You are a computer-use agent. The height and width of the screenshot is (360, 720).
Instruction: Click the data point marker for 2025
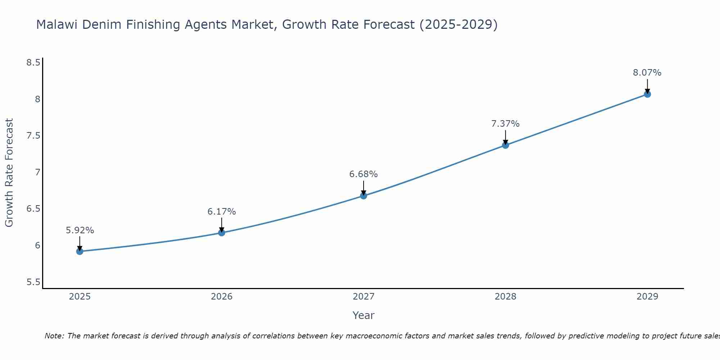(x=80, y=251)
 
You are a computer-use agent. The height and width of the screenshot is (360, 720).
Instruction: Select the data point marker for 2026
(x=222, y=233)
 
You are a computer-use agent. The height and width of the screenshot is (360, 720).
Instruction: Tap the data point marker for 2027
(x=364, y=196)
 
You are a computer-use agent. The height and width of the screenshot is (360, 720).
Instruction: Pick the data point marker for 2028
(x=505, y=145)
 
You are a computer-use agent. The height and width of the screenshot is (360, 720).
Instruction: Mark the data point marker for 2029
(x=647, y=94)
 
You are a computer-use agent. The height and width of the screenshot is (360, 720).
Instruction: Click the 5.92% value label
(x=80, y=230)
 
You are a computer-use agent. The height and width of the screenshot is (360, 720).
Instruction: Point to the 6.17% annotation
(x=222, y=212)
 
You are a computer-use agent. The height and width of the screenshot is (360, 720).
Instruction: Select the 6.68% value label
(x=364, y=174)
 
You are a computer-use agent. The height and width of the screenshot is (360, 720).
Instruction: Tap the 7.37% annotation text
(x=505, y=124)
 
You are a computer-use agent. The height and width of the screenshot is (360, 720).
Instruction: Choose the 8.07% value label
(x=647, y=73)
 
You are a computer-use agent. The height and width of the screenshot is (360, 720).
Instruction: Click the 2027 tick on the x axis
(x=364, y=297)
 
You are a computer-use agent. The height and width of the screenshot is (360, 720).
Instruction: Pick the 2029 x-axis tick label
(x=647, y=297)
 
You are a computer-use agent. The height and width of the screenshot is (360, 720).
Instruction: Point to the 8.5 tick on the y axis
(x=33, y=63)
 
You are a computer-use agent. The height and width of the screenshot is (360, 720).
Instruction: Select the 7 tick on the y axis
(x=37, y=172)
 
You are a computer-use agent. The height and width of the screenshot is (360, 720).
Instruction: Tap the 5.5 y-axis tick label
(x=33, y=282)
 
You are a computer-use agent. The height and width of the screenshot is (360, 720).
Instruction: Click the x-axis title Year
(x=364, y=315)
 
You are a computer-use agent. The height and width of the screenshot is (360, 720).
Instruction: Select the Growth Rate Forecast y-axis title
(x=9, y=173)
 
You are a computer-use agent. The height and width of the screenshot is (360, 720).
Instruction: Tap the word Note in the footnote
(x=54, y=336)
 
